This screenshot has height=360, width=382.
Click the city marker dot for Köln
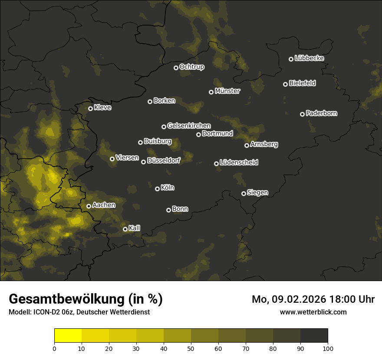coord(157,189)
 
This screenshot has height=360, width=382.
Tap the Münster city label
coord(227,91)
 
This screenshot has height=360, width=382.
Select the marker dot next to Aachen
coord(89,206)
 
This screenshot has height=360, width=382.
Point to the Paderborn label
coord(322,113)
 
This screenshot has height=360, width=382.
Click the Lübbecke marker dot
coord(291,59)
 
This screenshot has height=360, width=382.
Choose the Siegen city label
coord(257,193)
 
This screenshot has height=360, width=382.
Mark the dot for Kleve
coord(90,108)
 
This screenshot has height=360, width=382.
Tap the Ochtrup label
coord(192,67)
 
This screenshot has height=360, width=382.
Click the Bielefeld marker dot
coord(285,84)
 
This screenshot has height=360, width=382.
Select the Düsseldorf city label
coord(164,160)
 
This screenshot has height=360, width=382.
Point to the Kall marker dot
coord(125,229)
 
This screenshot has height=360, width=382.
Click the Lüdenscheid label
coord(239,163)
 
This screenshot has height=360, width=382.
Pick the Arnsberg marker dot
coord(247,145)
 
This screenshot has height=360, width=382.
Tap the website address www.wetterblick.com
coord(313,312)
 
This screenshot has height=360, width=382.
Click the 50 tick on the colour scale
coord(191,348)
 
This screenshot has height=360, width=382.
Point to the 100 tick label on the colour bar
coord(328,348)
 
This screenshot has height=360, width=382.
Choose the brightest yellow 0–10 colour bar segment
coord(68,336)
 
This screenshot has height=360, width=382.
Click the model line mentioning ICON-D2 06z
coord(79,312)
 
